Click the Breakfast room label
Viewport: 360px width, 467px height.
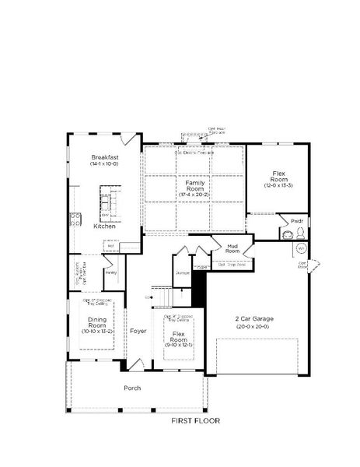[x=103, y=156]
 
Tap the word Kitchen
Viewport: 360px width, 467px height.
[x=105, y=226]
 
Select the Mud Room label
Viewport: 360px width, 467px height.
[x=232, y=248]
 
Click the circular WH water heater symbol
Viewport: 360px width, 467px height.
[x=299, y=248]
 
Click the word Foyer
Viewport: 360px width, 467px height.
[x=138, y=331]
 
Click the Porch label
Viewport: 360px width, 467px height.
[x=133, y=388]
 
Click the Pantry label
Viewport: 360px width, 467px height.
[x=111, y=273]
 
